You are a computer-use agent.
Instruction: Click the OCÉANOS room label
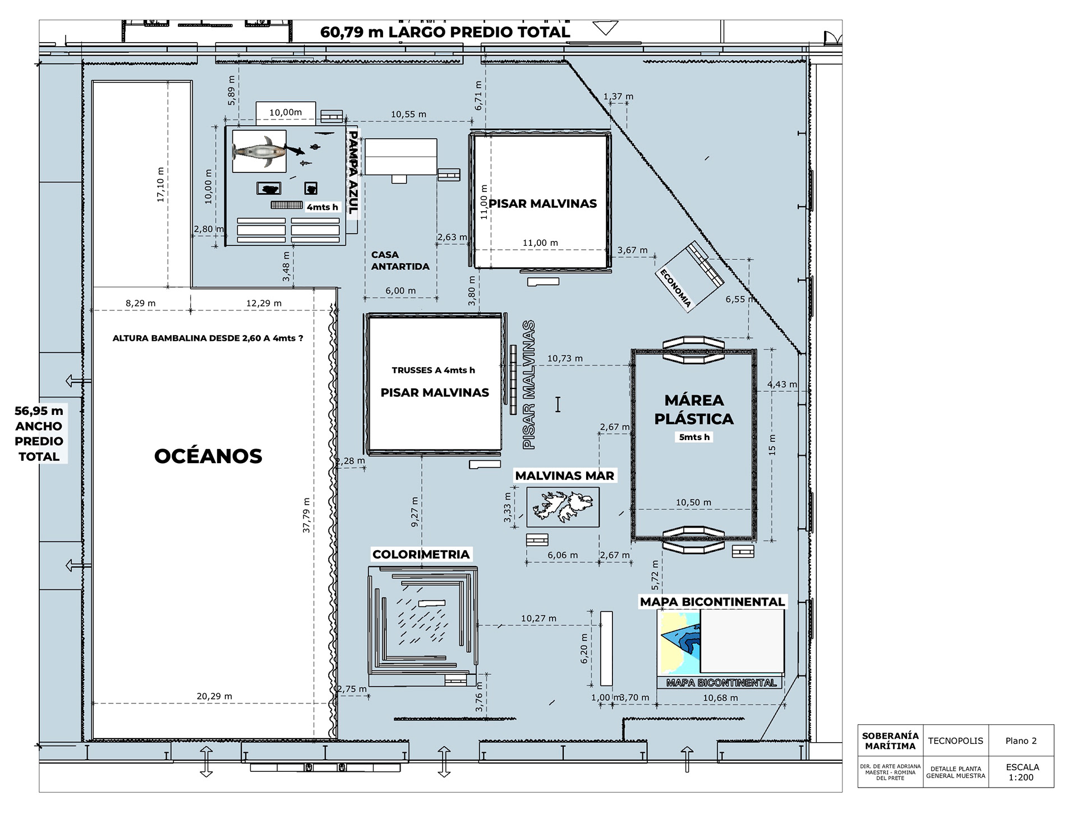[x=208, y=456]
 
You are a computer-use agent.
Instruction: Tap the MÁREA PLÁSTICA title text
[x=694, y=409]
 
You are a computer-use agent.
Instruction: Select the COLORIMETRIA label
[x=421, y=555]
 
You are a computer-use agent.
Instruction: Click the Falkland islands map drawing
[x=563, y=506]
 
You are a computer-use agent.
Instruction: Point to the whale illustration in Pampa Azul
[x=260, y=152]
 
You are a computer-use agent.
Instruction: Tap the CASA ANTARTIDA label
[x=400, y=260]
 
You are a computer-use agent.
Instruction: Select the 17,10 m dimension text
[x=161, y=185]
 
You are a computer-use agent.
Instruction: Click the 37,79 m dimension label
[x=306, y=515]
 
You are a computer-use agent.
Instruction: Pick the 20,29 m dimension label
[x=214, y=696]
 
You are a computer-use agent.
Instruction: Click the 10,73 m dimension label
[x=565, y=358]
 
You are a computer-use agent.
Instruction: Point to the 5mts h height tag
[x=694, y=437]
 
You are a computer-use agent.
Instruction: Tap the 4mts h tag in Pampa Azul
[x=323, y=207]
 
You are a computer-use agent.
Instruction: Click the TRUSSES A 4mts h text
[x=433, y=370]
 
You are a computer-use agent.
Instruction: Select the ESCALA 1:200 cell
[x=1022, y=772]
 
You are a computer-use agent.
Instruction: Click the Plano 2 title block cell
[x=1021, y=741]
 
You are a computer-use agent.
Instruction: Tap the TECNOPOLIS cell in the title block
[x=955, y=741]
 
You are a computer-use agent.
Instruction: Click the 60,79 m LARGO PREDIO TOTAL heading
[x=445, y=32]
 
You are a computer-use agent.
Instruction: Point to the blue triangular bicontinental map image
[x=680, y=643]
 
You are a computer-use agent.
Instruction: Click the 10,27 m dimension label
[x=538, y=619]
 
